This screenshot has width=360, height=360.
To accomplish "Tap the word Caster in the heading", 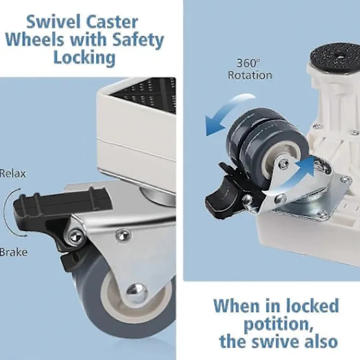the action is pos(112,22).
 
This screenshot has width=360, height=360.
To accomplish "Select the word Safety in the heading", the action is pos(138,40).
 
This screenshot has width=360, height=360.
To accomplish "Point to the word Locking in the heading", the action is pos(84,58).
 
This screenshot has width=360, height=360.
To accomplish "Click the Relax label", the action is pos(13,173).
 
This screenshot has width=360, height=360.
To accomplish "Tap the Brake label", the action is pos(14,252).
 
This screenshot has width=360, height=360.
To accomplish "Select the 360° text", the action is pos(249,63).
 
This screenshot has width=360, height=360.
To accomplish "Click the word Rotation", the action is pos(250,76).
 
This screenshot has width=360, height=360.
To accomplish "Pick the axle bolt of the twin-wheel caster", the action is pos(284,164).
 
